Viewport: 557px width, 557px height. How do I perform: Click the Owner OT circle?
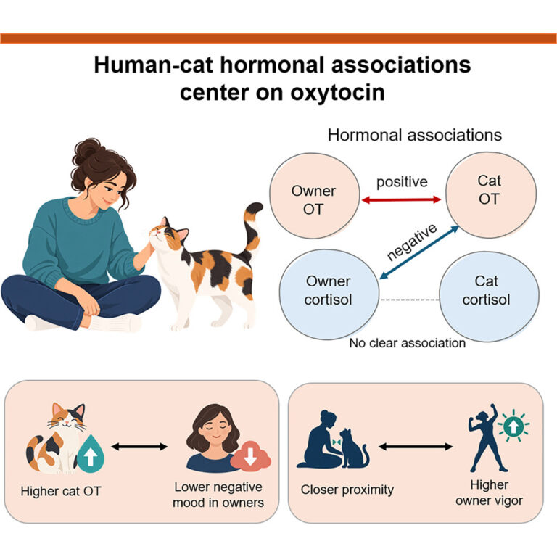[x=314, y=196]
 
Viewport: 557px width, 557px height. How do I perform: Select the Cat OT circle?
[x=491, y=194]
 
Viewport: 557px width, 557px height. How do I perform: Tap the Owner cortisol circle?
[x=329, y=294]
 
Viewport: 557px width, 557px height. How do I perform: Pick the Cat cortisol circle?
[x=489, y=297]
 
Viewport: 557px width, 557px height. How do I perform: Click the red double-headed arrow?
[x=401, y=200]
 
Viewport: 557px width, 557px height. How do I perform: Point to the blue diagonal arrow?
[x=419, y=252]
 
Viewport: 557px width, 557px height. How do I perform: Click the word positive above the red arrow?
[x=402, y=182]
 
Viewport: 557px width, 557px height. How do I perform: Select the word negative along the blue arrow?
[x=411, y=242]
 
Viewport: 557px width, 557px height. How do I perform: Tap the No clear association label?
[x=407, y=343]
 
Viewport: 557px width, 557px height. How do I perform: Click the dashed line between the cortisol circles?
[x=410, y=300]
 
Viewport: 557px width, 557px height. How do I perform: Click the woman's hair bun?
[x=86, y=150]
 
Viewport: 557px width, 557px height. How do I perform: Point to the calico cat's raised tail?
[x=252, y=228]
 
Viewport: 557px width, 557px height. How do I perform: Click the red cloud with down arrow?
[x=250, y=456]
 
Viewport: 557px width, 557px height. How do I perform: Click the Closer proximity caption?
[x=347, y=490]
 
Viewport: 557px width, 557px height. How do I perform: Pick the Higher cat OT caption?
[x=61, y=491]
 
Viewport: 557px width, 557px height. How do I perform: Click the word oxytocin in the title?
[x=337, y=92]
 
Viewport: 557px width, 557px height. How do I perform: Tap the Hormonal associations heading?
[x=414, y=135]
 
